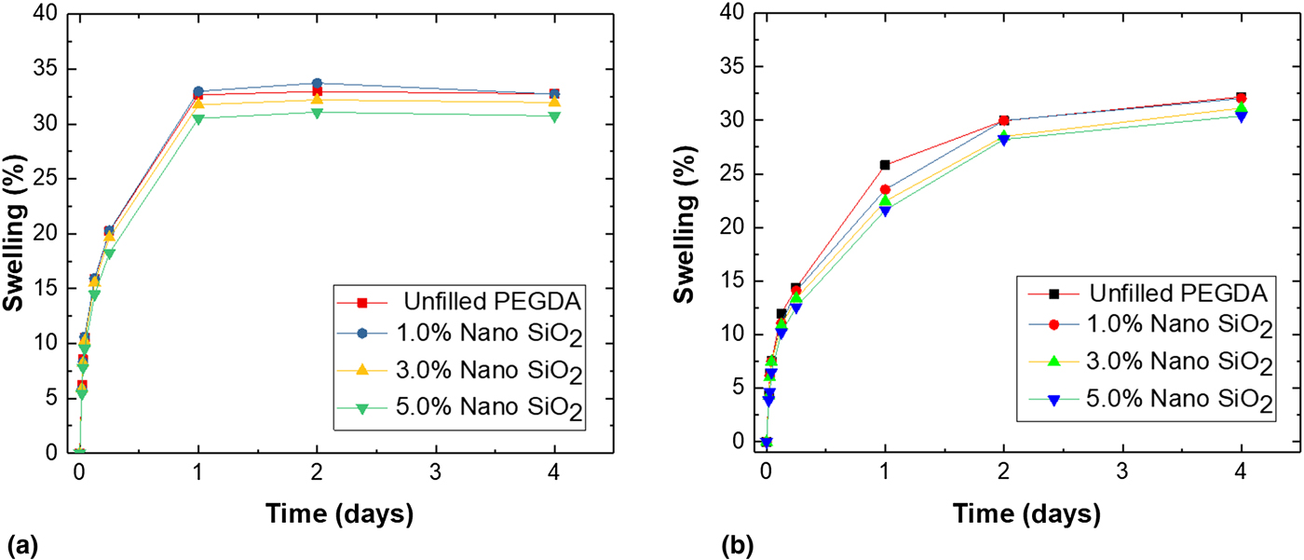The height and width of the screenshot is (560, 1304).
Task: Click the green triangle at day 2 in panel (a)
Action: click(x=317, y=113)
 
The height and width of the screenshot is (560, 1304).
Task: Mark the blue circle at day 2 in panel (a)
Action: click(x=317, y=84)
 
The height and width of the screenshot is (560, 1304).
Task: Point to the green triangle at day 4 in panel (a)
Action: click(x=554, y=116)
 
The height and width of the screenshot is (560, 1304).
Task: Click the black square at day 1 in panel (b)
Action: click(x=885, y=165)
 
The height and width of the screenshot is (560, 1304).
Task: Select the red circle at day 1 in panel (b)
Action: click(x=885, y=190)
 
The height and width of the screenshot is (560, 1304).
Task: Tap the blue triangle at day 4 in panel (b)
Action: click(x=1241, y=116)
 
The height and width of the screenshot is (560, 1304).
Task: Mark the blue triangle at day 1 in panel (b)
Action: click(x=885, y=211)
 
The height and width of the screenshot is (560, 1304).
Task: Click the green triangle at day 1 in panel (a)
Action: click(x=198, y=118)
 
